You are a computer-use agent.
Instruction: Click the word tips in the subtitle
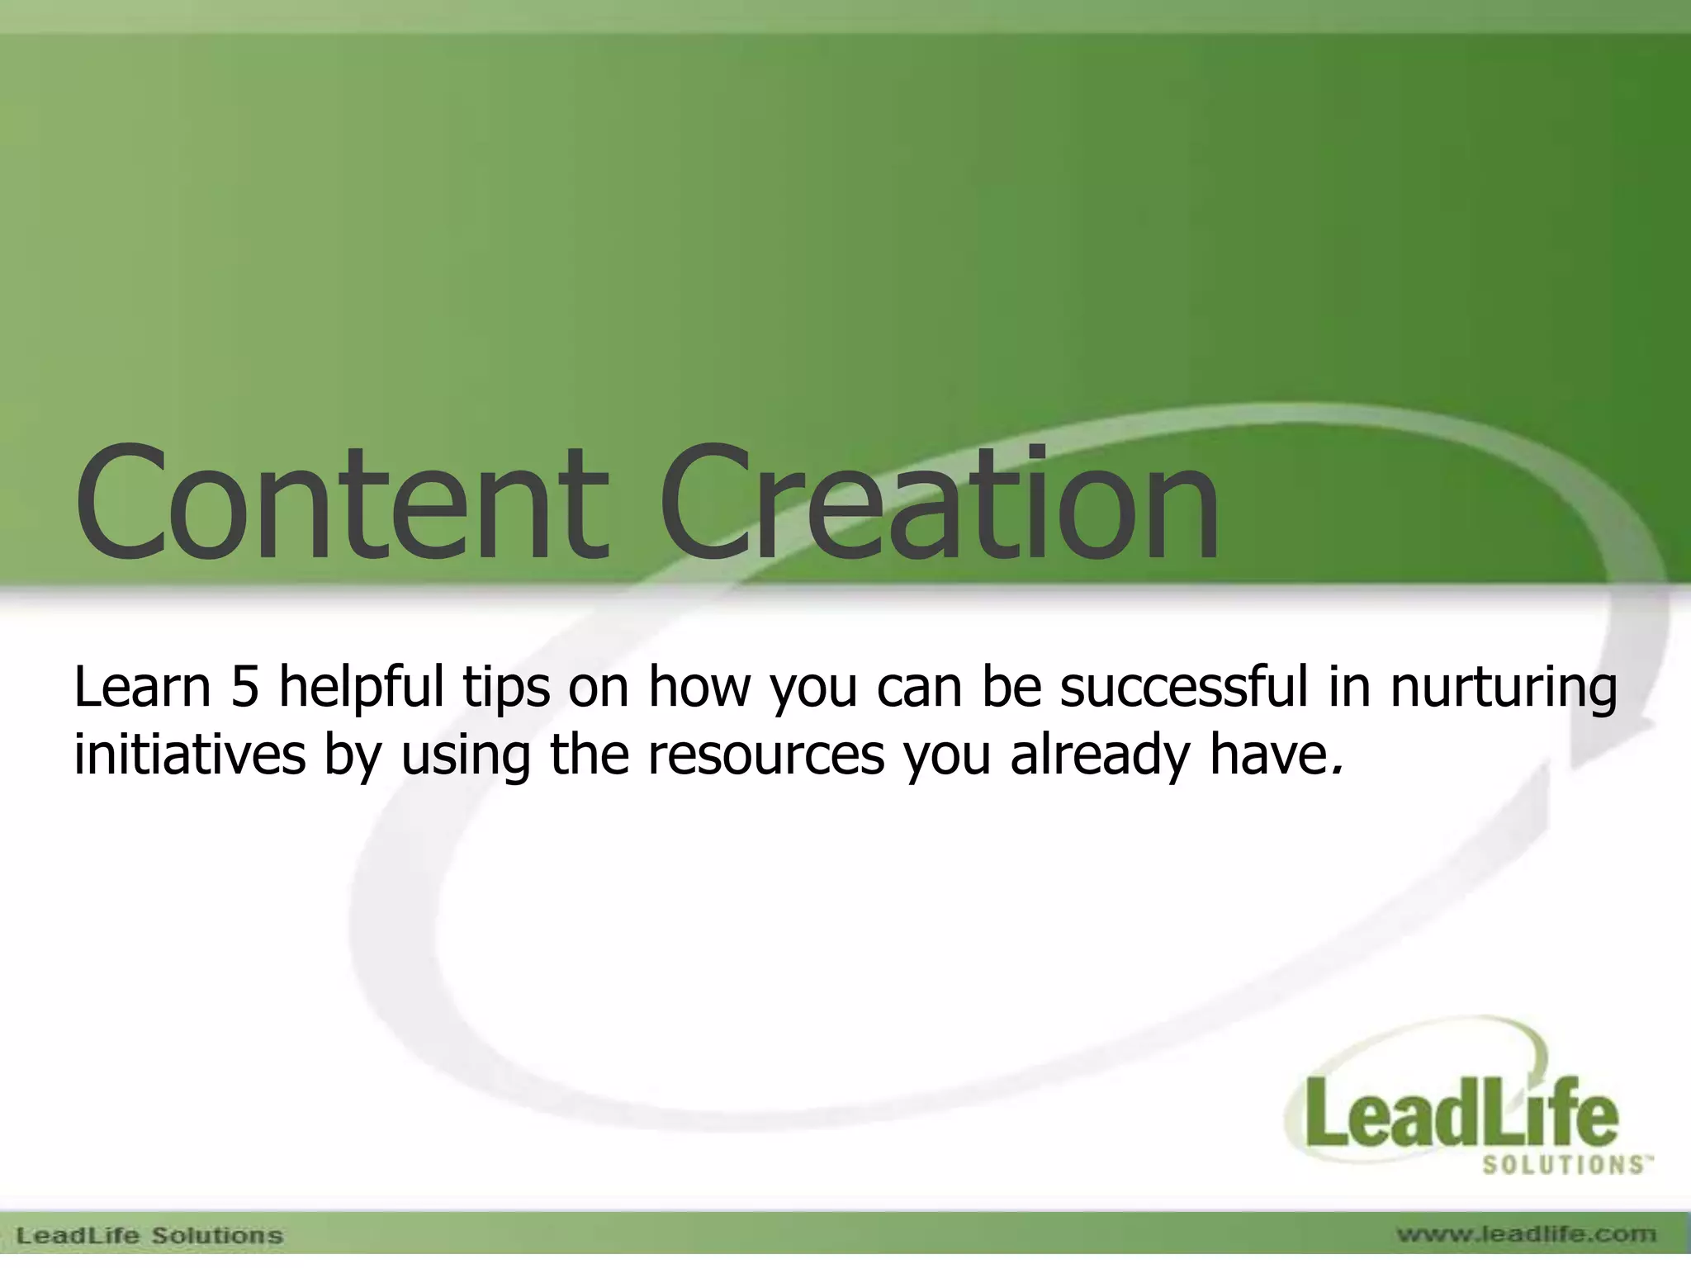[x=505, y=689]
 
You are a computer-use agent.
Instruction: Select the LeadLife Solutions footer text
[x=149, y=1236]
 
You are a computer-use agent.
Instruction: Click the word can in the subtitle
[x=917, y=689]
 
